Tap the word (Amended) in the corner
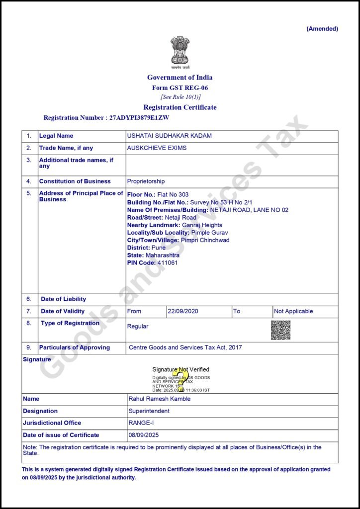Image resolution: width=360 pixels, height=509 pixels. [x=322, y=29]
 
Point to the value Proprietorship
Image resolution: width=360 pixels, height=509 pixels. [x=146, y=181]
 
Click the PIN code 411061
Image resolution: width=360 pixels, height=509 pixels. [x=167, y=262]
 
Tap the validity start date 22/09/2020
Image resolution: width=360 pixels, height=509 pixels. [x=183, y=311]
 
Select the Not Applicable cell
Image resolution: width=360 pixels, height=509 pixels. [x=293, y=311]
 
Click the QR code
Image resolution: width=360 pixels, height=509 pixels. [x=280, y=330]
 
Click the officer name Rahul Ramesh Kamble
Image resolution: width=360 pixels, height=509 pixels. [x=159, y=399]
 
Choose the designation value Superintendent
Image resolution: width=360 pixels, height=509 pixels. [x=149, y=411]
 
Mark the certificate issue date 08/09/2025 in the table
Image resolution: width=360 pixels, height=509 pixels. [x=143, y=435]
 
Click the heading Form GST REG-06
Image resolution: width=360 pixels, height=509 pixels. [x=180, y=87]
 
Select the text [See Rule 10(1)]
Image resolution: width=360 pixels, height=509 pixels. [x=180, y=97]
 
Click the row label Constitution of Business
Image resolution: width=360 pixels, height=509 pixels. [x=75, y=181]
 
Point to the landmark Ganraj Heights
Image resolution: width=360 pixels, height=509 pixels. [x=202, y=225]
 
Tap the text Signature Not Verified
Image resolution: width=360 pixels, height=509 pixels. [x=180, y=369]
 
